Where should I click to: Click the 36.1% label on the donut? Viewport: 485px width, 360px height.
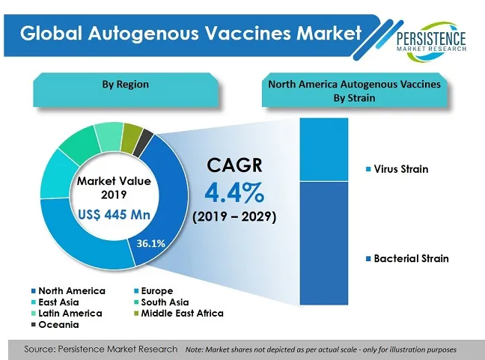[151, 243]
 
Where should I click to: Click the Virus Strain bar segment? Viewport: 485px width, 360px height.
[324, 150]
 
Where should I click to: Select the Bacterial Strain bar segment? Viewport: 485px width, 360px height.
[324, 243]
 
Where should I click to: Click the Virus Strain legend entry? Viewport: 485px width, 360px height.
[397, 169]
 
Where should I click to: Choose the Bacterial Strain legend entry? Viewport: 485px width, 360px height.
[407, 258]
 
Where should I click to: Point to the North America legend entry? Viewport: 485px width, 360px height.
[68, 290]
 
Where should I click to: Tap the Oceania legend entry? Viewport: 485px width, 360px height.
[55, 324]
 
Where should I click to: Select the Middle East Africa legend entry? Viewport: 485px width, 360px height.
[179, 314]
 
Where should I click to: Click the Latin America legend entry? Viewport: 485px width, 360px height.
[67, 314]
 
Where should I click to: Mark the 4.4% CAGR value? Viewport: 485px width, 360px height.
[234, 192]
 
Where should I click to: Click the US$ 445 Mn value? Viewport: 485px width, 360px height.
[114, 214]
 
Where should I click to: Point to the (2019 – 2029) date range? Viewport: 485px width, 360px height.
[234, 216]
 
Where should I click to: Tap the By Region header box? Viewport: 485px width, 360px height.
[126, 90]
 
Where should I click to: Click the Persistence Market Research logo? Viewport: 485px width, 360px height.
[431, 41]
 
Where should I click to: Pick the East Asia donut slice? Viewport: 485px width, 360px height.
[57, 175]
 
